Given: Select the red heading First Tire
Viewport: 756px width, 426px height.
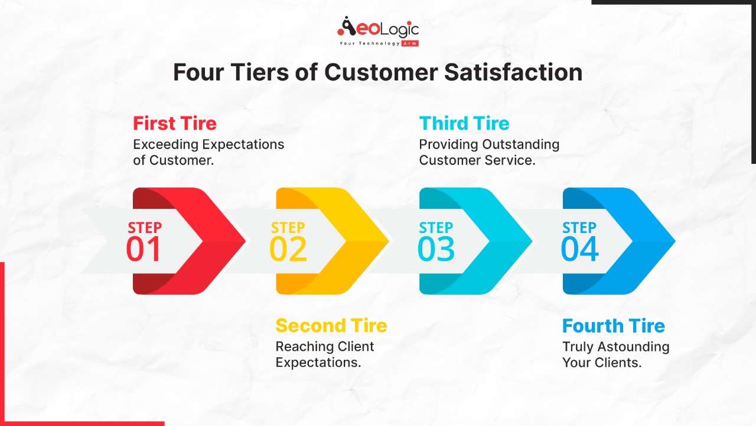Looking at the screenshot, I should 175,123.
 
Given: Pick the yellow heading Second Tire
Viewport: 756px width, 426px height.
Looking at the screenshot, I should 331,325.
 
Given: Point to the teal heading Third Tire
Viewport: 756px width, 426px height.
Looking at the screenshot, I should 464,123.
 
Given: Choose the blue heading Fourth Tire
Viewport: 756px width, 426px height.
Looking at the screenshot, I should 613,325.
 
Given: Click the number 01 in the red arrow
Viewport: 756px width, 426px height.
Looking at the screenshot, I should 144,249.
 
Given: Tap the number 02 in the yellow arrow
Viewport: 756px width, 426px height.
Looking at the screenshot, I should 288,249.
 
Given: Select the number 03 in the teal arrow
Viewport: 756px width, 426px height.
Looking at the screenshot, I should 436,249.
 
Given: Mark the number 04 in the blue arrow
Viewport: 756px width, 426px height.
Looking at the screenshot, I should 579,249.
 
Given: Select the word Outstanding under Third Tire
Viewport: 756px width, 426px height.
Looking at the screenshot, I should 520,144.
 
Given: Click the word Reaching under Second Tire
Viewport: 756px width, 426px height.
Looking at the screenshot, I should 301,347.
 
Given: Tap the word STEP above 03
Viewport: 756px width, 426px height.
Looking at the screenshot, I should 436,228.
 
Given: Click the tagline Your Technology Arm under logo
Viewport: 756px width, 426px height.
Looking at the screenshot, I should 378,44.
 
